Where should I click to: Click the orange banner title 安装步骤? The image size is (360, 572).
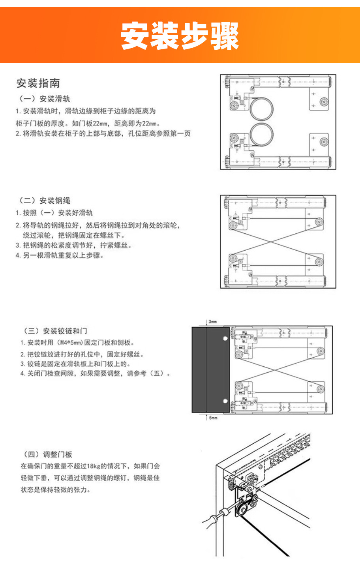(180, 36)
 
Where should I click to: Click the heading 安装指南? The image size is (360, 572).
(38, 83)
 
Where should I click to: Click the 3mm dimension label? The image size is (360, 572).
(213, 322)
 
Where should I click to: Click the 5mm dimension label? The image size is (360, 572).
(213, 417)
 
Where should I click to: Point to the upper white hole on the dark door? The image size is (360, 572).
(225, 338)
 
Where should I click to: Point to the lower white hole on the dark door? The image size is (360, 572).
(225, 401)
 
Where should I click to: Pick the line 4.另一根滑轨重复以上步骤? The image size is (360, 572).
(60, 255)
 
